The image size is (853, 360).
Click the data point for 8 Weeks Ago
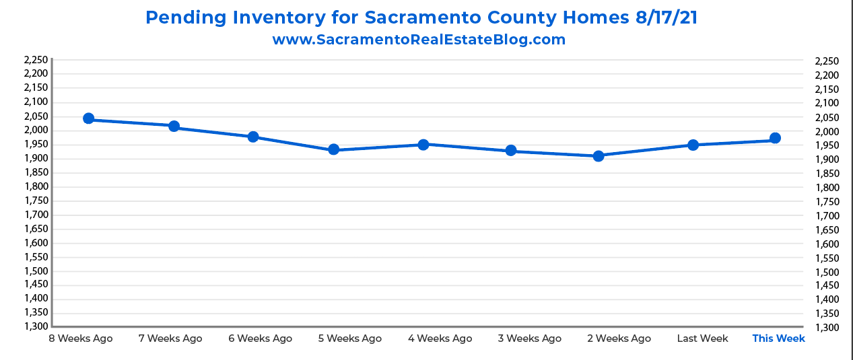tap(88, 118)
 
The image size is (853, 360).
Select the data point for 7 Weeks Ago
tap(174, 126)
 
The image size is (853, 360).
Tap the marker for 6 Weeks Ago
tap(253, 137)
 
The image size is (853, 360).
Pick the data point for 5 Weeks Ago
tap(333, 149)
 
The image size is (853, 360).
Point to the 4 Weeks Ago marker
tap(423, 144)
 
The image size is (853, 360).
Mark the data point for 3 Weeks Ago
tap(511, 150)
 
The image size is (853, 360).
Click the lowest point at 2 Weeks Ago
tap(599, 156)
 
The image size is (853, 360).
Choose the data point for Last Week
tap(693, 145)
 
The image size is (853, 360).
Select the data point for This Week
tap(775, 138)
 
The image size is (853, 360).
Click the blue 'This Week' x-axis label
tap(778, 338)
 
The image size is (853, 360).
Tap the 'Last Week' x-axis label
tap(702, 338)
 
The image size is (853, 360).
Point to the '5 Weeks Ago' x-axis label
tap(349, 338)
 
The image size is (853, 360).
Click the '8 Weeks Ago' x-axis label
tap(81, 338)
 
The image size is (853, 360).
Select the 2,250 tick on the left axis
tap(35, 60)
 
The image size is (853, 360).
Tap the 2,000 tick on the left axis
tap(35, 130)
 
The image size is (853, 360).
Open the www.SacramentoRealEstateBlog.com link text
tap(419, 40)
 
